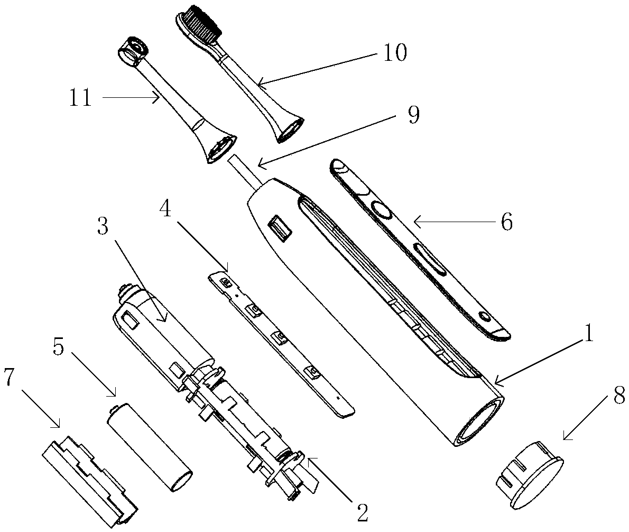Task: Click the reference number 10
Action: pos(395,53)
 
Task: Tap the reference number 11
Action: pos(81,97)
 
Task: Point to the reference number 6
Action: pos(507,222)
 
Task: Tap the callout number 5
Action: pos(59,346)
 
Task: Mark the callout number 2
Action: pos(362,512)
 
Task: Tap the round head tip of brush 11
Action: pos(133,51)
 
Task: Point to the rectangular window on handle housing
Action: pos(280,228)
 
